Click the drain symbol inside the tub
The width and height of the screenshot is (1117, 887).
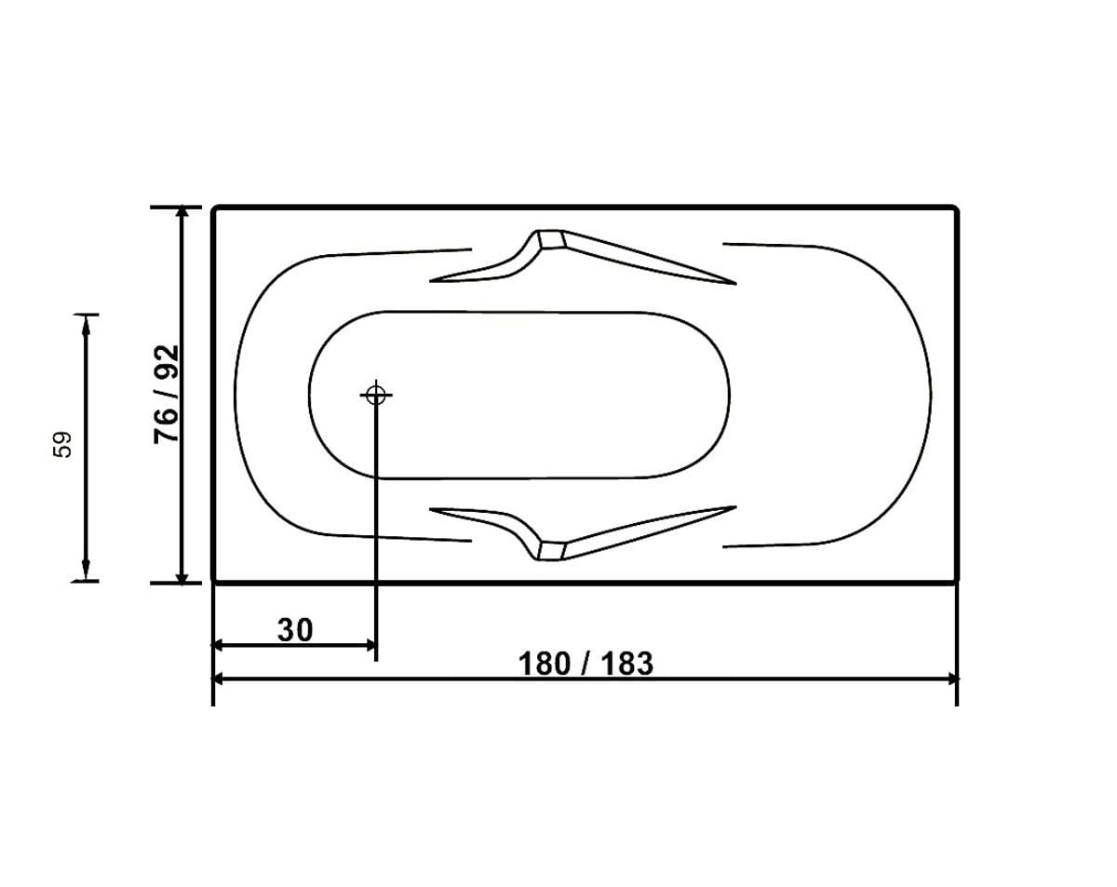(x=375, y=396)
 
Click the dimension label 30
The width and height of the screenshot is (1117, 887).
(x=295, y=630)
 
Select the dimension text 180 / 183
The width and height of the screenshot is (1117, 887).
(x=585, y=664)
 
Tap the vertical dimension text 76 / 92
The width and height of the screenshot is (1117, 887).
(x=166, y=395)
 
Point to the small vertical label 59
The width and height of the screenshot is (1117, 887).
(x=62, y=444)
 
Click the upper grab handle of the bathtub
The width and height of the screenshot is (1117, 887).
(x=582, y=258)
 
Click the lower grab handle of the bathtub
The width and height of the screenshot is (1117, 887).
(x=582, y=531)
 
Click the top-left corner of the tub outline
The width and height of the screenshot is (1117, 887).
(x=215, y=208)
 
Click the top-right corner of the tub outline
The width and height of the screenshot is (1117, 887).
(x=955, y=208)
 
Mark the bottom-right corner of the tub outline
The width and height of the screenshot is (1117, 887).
(x=955, y=581)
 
